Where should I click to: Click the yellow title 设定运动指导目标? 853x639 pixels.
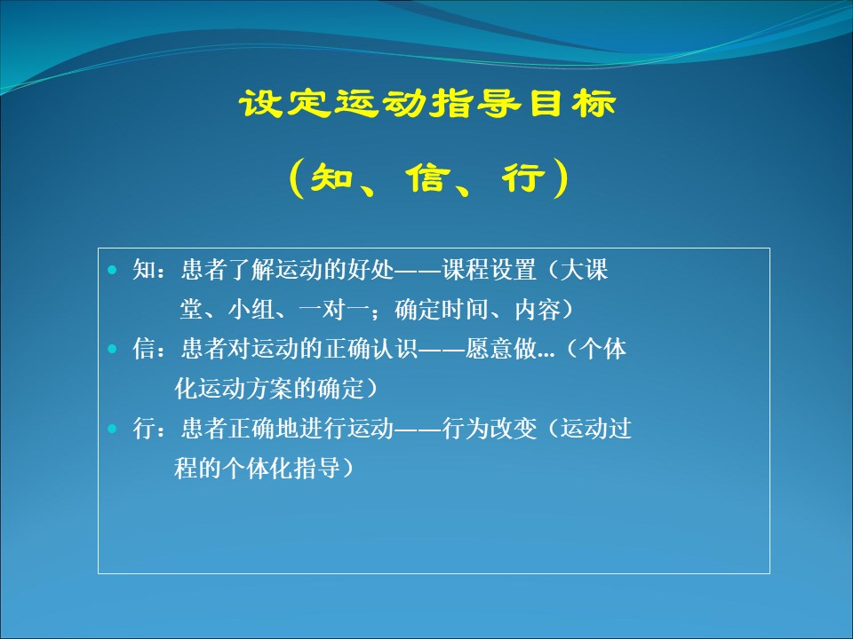427,103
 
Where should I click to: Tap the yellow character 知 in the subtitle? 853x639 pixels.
332,177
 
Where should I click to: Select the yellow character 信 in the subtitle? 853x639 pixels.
428,177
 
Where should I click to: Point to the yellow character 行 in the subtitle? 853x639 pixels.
523,177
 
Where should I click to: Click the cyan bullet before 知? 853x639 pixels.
113,270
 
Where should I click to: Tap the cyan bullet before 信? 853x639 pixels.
113,349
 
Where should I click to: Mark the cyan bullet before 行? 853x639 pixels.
113,429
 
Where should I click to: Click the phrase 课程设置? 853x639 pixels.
489,270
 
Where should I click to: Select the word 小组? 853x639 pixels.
251,309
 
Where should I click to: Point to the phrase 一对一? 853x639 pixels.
334,309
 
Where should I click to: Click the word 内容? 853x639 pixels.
538,309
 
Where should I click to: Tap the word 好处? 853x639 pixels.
370,270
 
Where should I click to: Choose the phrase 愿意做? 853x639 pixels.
500,349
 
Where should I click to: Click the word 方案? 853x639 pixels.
269,389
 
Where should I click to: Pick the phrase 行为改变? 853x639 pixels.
489,429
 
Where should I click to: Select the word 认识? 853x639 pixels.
394,349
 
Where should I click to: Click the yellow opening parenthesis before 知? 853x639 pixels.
297,177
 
